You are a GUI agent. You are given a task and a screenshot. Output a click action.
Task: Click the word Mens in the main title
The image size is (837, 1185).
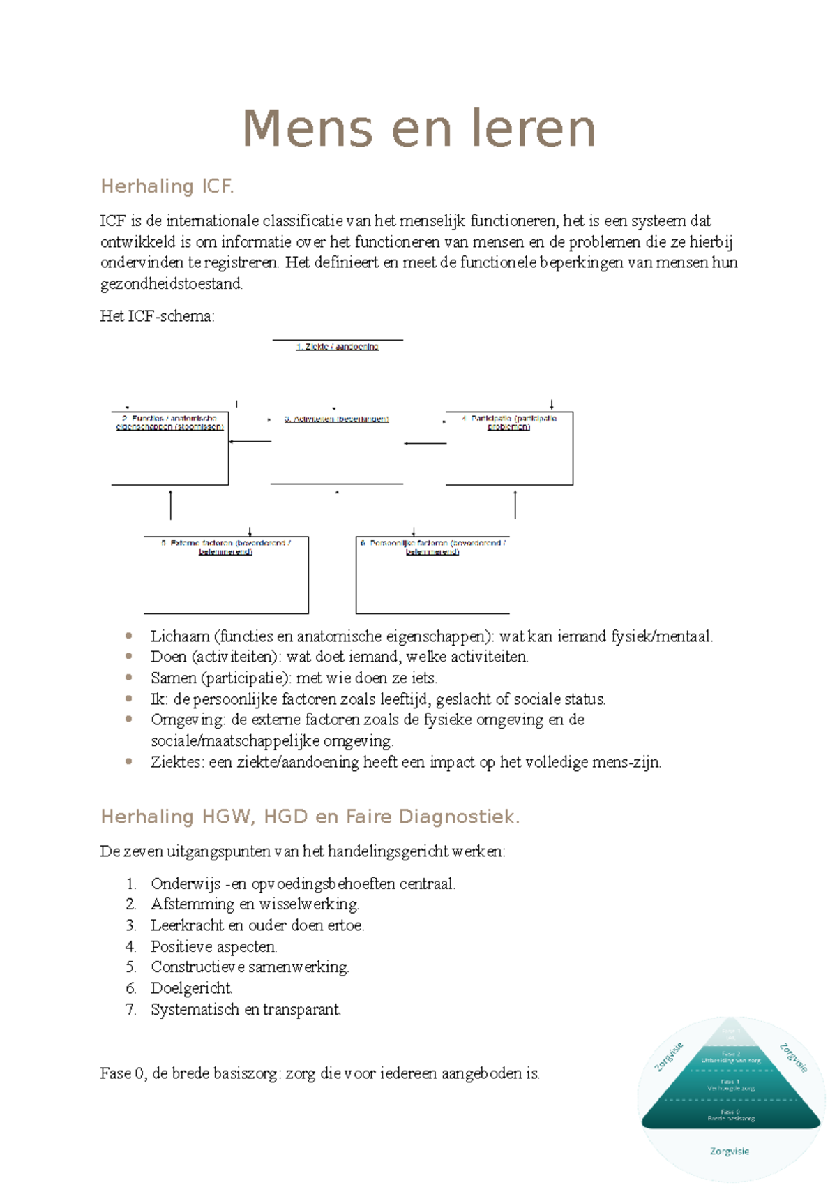point(307,129)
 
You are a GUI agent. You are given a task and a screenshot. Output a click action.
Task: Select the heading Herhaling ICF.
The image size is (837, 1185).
point(167,186)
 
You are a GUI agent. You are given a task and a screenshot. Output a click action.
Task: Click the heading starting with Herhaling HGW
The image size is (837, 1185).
point(310,817)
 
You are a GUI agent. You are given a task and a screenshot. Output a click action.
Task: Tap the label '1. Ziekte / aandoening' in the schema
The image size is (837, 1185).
point(338,347)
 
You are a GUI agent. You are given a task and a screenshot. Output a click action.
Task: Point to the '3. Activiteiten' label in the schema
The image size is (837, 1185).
point(336,419)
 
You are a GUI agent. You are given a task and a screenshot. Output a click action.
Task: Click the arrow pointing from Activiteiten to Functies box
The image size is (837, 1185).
point(250,441)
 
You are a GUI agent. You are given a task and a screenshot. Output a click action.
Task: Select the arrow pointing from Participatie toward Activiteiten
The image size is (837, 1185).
point(425,443)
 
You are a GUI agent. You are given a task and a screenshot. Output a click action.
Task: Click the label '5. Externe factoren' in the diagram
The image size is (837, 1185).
point(225,547)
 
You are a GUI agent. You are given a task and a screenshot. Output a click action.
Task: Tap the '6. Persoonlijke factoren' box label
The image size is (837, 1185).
point(432,547)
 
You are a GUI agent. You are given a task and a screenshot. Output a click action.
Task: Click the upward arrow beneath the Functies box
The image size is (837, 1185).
point(170,504)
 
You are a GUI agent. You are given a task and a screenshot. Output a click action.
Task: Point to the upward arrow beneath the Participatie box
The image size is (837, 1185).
point(515,504)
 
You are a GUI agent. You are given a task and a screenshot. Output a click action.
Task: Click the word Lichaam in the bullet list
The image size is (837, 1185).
point(180,636)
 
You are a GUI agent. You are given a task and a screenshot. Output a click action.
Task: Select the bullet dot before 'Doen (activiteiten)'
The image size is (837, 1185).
point(128,657)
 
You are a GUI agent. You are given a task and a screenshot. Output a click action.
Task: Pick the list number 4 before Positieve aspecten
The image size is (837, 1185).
point(130,947)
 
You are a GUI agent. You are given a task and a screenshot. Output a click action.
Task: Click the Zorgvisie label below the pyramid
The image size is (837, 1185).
point(730,1152)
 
